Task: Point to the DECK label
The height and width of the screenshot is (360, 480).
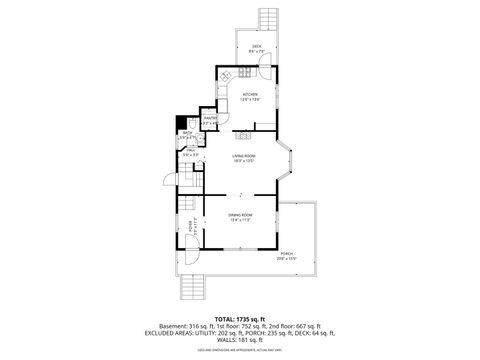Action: tap(256, 47)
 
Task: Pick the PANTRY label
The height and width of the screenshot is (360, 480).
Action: tap(210, 119)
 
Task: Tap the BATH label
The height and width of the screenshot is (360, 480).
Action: tap(187, 134)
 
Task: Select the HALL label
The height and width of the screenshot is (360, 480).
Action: tap(189, 152)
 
